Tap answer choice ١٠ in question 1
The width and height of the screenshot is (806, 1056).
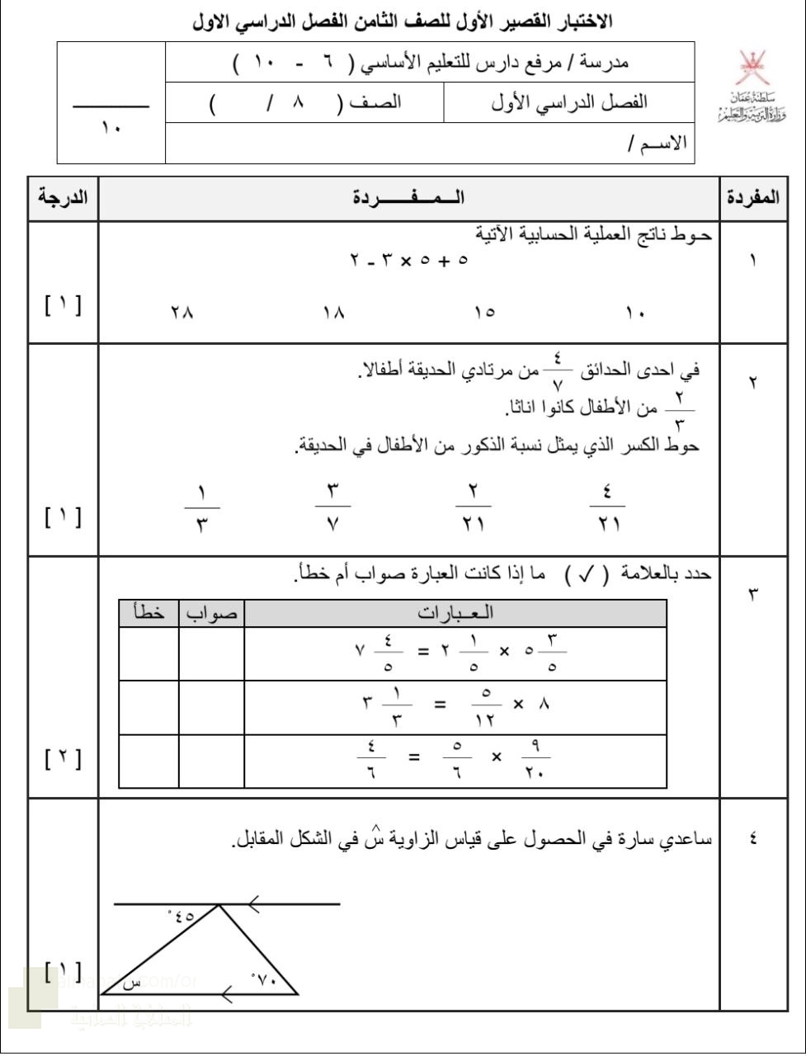tap(635, 313)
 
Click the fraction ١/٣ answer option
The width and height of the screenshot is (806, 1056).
tap(202, 509)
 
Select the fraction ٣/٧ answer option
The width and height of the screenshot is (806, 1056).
tap(333, 509)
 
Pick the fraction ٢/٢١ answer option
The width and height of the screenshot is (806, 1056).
tap(474, 509)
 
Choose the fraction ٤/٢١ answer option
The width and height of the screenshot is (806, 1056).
tap(607, 509)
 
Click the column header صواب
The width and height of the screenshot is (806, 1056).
tap(212, 614)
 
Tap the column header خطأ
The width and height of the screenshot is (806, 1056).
tap(149, 614)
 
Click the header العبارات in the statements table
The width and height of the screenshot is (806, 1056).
tap(455, 613)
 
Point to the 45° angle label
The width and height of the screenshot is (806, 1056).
tap(181, 915)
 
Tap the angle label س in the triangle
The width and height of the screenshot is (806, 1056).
tap(131, 983)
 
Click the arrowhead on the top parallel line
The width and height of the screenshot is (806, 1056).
tap(254, 904)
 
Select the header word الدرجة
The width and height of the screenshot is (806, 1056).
tap(64, 198)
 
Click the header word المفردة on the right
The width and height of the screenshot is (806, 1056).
tap(752, 198)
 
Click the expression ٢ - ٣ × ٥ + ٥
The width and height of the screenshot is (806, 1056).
tap(409, 260)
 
